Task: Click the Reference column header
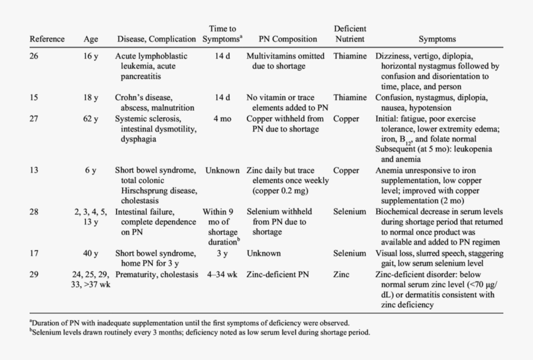47,40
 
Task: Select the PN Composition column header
288,40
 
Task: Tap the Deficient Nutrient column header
350,34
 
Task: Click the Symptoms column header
437,40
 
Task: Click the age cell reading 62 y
91,119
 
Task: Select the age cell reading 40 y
91,253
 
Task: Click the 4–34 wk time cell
222,275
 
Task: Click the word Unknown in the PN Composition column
264,253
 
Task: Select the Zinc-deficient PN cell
277,275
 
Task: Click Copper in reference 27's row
346,119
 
